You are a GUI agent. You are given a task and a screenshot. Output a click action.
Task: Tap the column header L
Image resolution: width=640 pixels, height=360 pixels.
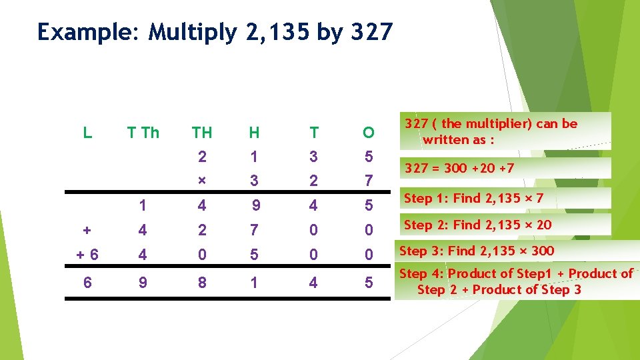pos(87,133)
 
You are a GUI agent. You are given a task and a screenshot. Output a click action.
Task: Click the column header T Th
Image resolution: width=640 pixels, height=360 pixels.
pos(143,133)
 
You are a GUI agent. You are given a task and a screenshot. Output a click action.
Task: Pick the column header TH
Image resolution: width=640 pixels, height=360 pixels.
pos(202,133)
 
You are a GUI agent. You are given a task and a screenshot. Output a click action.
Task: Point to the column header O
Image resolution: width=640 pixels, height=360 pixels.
pos(368,133)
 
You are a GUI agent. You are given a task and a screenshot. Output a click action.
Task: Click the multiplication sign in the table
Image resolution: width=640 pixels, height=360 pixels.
pos(202,181)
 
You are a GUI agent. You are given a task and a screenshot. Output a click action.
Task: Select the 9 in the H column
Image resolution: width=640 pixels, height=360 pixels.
pos(255,206)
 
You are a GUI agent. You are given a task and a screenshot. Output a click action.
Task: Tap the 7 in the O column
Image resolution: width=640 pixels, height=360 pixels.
pos(368,181)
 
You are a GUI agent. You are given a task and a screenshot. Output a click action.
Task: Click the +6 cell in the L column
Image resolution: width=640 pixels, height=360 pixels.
pos(87,255)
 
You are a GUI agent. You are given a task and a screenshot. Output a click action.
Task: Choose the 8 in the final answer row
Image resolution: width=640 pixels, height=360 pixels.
pos(202,283)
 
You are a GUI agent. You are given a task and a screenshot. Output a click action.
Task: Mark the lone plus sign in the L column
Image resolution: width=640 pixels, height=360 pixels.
pos(87,230)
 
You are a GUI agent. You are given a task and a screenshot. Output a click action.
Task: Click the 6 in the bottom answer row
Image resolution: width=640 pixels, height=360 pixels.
pos(87,283)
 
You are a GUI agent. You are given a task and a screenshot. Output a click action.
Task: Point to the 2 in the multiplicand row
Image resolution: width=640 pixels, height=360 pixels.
pos(202,157)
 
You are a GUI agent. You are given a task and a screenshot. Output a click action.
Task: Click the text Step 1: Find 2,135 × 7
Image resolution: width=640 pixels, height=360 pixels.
pos(473,198)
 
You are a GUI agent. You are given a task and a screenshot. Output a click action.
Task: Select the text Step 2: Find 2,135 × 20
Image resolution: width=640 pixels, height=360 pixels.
pos(477,225)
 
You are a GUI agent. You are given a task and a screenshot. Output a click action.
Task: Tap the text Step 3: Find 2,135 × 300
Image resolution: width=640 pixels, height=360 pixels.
pos(476,251)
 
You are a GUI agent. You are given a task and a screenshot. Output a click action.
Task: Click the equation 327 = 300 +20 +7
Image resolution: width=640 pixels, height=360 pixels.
pos(459,168)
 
